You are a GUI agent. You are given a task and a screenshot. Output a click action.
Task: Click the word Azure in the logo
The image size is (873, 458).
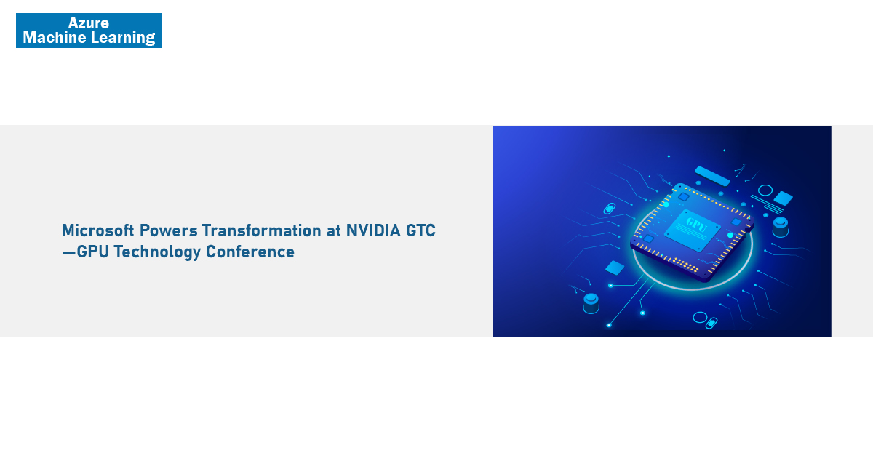[89, 23]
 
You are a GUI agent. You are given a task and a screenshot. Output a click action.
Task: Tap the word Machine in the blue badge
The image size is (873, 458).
[54, 37]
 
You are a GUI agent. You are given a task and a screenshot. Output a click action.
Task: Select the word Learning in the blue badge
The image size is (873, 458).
[123, 38]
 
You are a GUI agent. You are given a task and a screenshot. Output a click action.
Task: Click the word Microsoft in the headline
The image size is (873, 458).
[97, 230]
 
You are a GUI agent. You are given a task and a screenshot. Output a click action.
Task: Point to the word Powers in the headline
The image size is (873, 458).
[168, 230]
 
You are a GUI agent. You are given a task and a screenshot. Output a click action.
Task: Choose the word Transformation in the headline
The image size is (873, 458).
[261, 230]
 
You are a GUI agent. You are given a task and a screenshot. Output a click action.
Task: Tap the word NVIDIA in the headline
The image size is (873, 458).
[373, 230]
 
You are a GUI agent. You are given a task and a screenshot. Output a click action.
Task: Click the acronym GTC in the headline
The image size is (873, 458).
[420, 230]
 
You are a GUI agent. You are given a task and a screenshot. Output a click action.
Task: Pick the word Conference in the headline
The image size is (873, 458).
[250, 252]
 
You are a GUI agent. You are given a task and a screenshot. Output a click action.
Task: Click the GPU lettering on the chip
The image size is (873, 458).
[696, 225]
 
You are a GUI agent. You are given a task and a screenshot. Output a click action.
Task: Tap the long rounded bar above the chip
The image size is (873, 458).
[712, 177]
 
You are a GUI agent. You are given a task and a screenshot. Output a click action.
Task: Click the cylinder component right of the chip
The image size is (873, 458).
[781, 228]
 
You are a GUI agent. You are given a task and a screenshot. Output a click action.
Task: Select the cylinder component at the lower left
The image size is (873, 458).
[591, 304]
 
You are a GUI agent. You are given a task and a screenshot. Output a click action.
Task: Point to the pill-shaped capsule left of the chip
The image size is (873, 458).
[609, 209]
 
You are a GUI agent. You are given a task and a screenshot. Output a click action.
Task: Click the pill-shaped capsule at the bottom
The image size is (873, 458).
[711, 323]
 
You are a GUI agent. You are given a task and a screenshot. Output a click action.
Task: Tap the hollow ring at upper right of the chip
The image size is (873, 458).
[765, 190]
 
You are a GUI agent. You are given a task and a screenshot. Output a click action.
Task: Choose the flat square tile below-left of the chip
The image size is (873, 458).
[615, 268]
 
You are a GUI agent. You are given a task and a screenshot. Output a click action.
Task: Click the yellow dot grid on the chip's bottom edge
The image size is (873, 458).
[686, 264]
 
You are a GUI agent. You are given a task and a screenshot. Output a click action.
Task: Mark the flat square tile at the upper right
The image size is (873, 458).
[783, 198]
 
